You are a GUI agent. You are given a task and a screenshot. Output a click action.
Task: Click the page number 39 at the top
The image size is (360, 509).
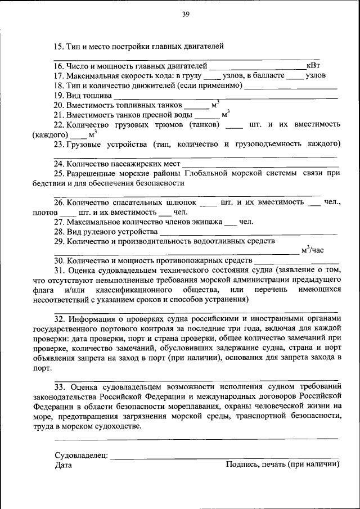[185, 15]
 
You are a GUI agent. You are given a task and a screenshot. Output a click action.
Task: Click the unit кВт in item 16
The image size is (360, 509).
[313, 66]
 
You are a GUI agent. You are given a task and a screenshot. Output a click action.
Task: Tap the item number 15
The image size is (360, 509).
[58, 46]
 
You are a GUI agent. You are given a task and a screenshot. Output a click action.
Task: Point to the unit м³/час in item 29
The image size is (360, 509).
[312, 251]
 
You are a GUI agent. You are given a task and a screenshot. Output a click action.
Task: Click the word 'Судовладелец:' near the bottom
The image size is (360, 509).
[81, 455]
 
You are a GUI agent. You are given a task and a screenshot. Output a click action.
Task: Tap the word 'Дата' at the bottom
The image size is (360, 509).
[64, 465]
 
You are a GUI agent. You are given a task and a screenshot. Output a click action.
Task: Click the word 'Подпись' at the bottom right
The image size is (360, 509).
[242, 465]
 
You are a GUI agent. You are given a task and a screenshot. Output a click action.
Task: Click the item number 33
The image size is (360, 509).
[60, 386]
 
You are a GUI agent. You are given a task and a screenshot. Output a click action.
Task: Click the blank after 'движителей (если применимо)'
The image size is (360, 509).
[291, 86]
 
